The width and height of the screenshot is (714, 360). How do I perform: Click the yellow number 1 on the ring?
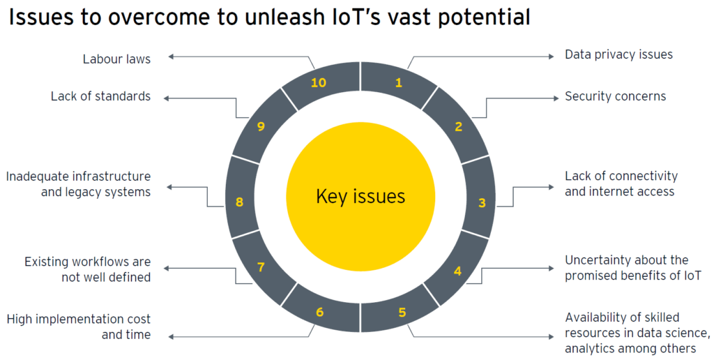399,83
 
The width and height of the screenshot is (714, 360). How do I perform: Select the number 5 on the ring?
402,312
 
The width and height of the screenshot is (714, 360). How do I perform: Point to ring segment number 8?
239,202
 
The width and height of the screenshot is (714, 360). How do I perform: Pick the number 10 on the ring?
319,83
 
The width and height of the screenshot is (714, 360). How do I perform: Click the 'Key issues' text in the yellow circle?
360,196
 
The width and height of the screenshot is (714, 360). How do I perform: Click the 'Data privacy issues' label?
618,54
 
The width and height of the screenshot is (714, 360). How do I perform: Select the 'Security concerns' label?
615,96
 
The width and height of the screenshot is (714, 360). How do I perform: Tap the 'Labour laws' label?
116,59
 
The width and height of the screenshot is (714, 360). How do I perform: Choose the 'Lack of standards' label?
100,96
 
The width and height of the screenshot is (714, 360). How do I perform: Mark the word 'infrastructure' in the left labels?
109,177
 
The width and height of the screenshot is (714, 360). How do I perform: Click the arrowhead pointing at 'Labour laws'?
172,59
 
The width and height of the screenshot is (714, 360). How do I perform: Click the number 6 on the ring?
319,312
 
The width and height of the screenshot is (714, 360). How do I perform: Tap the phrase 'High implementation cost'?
79,319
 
